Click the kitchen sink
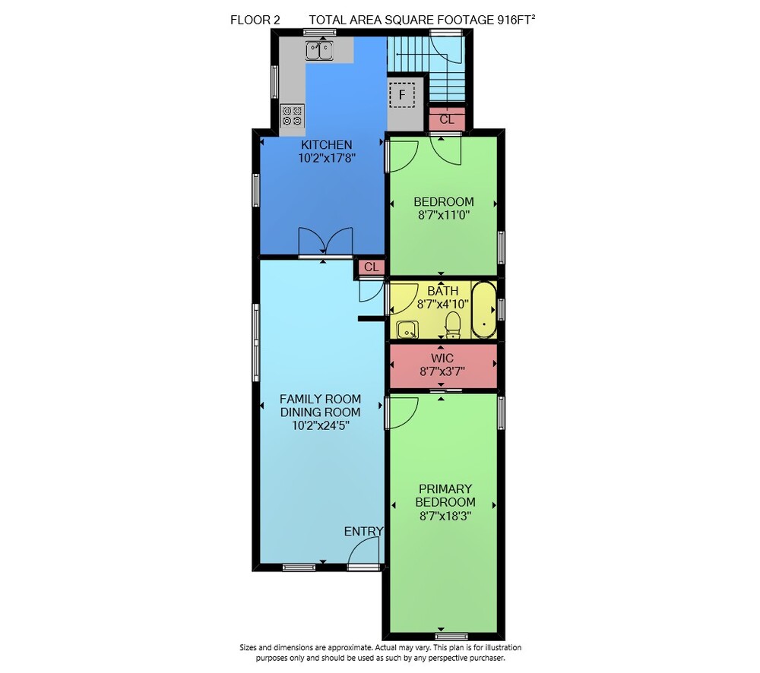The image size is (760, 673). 319,50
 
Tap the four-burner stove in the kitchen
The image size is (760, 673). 293,116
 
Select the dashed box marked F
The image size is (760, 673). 402,95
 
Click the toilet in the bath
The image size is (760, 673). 453,324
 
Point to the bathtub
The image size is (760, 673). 484,310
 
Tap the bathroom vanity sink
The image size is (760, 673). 407,330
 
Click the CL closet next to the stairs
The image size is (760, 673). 447,119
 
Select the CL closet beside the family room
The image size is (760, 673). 372,267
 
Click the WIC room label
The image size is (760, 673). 442,358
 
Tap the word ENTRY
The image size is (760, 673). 363,532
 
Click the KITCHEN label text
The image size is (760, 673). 326,144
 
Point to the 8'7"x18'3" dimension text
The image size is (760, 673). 445,516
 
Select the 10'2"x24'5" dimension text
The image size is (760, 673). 321,425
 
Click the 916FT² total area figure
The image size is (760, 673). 516,20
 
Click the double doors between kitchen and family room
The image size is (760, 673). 325,242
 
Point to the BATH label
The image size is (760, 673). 442,291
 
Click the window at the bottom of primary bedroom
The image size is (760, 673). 451,637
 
